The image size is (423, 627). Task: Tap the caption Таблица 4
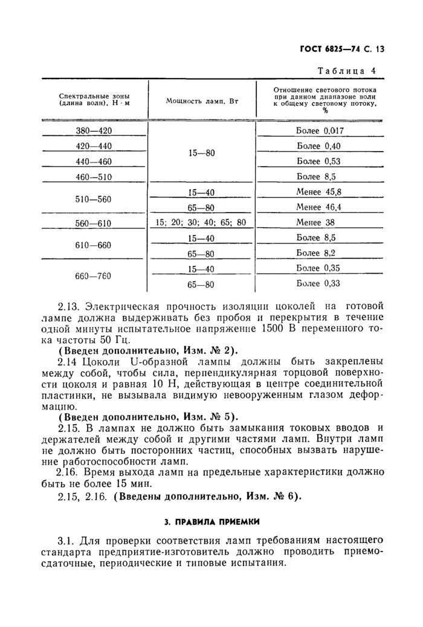pyautogui.click(x=346, y=71)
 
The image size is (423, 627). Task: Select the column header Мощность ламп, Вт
pyautogui.click(x=202, y=100)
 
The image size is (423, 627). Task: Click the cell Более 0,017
pyautogui.click(x=320, y=131)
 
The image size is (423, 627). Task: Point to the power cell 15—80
pyautogui.click(x=202, y=153)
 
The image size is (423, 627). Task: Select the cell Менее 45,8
pyautogui.click(x=320, y=191)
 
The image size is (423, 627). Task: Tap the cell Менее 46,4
pyautogui.click(x=320, y=207)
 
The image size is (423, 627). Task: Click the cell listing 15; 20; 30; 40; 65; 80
pyautogui.click(x=201, y=222)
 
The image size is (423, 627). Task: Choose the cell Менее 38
pyautogui.click(x=312, y=222)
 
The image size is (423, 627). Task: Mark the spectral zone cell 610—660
pyautogui.click(x=95, y=246)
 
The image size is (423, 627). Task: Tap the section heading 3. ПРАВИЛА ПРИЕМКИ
pyautogui.click(x=211, y=520)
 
